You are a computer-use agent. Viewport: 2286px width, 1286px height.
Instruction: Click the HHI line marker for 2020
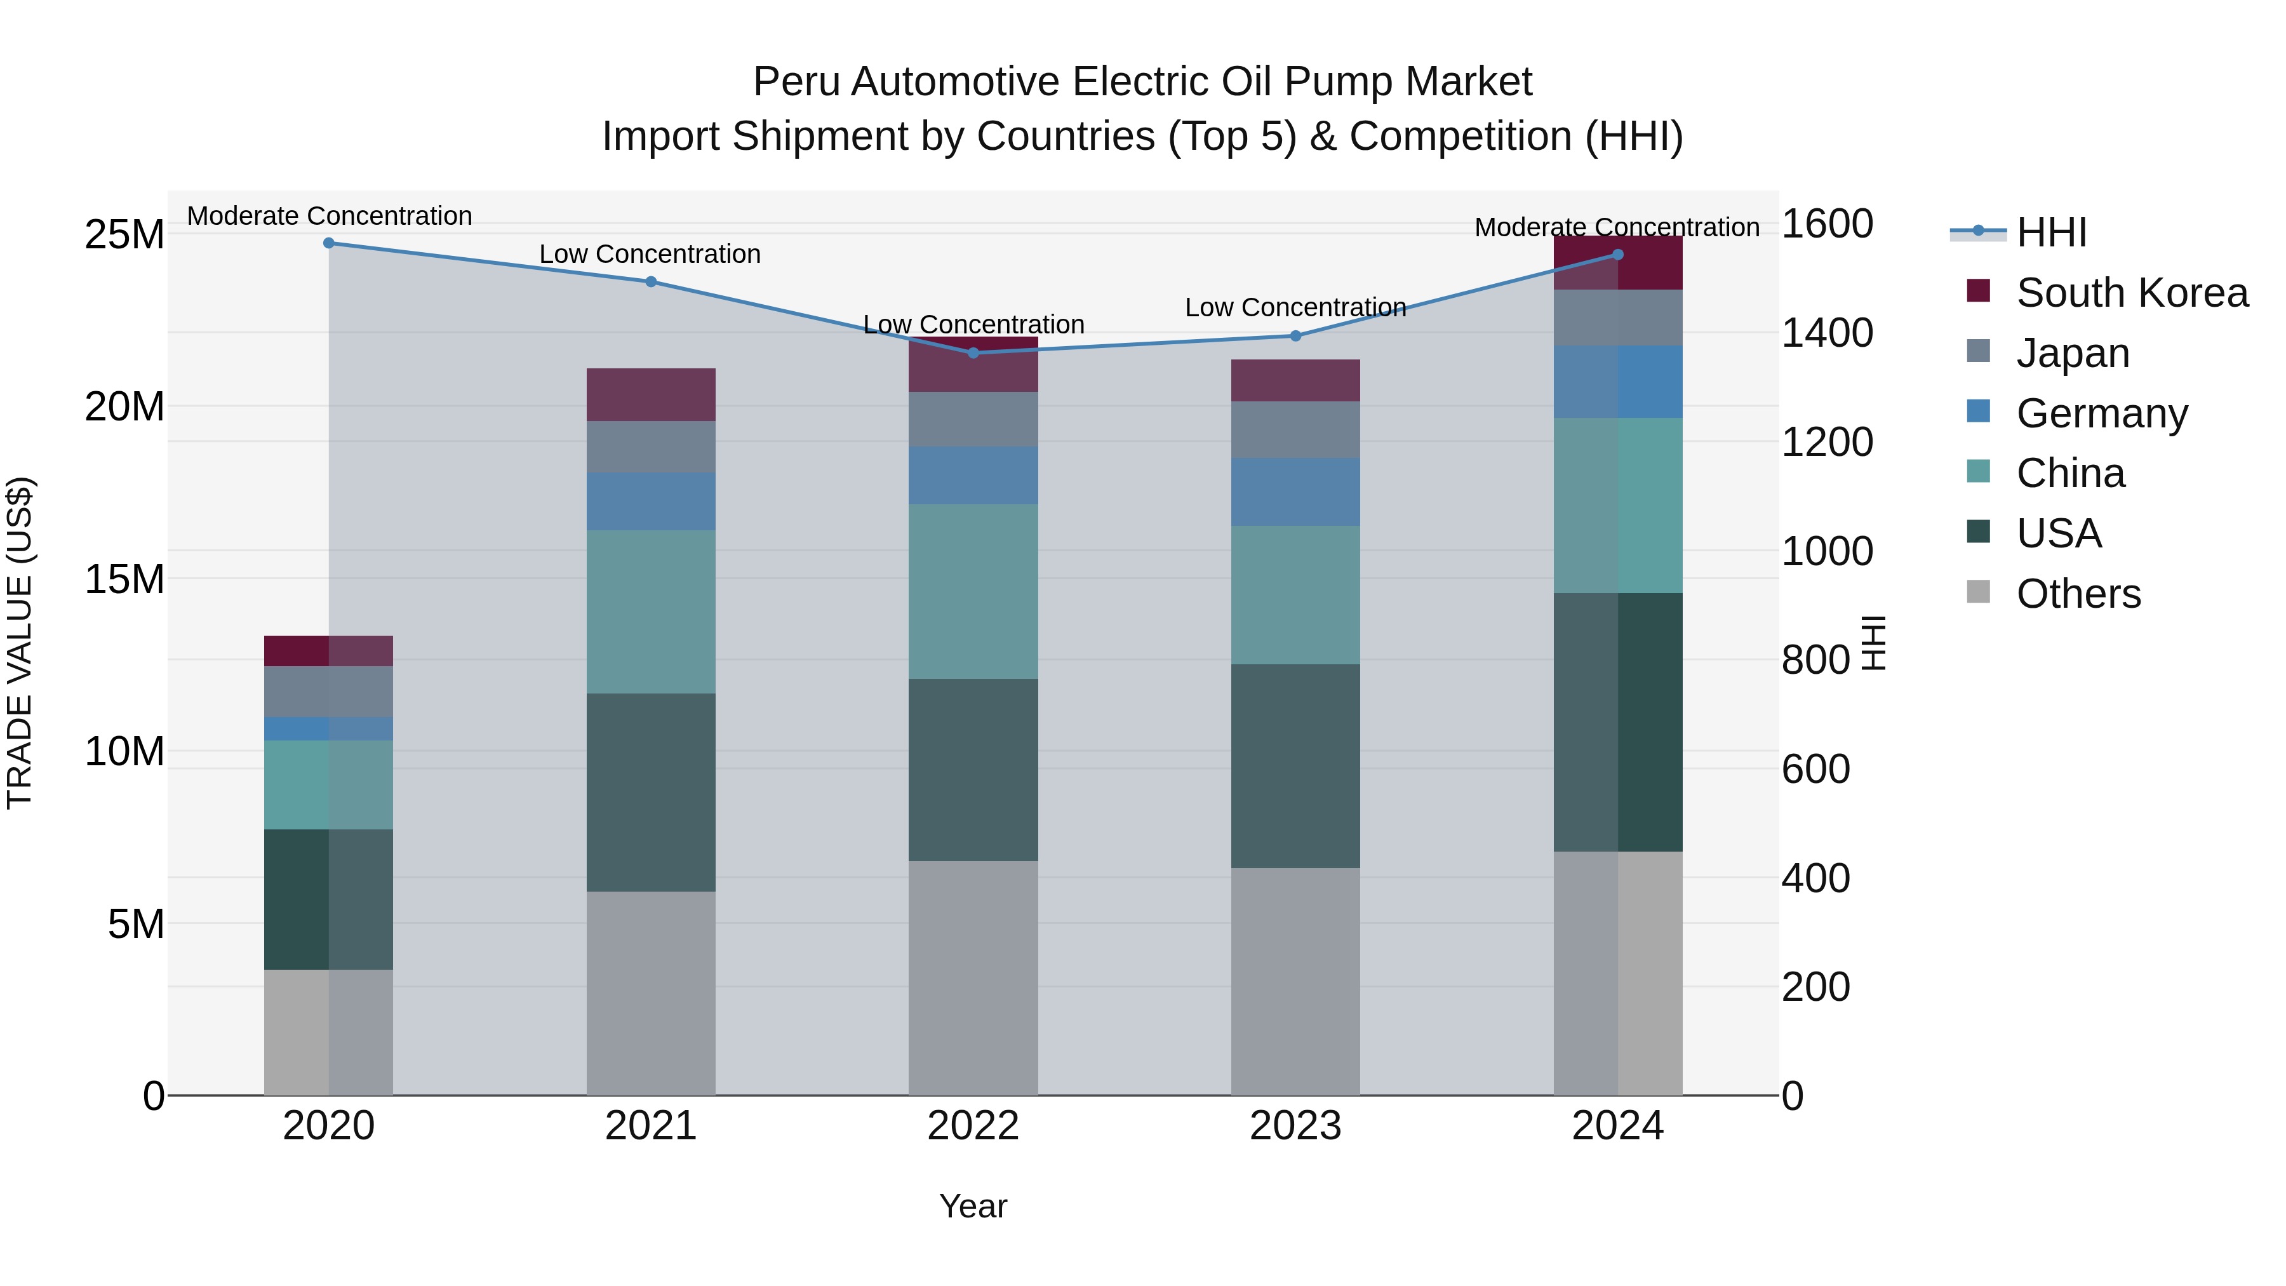328,243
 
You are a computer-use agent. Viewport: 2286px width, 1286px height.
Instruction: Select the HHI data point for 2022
973,352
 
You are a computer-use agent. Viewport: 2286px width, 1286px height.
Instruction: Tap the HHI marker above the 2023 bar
1295,335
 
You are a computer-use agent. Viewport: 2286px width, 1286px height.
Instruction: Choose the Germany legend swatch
1978,412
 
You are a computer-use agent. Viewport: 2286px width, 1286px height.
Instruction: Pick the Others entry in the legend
2078,594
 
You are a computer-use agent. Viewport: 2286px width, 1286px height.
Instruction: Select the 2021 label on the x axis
650,1126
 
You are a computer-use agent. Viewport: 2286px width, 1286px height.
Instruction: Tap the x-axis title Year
973,1206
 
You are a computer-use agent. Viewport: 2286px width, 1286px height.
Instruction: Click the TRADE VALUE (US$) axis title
20,643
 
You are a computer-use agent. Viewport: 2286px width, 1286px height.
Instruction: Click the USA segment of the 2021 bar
650,792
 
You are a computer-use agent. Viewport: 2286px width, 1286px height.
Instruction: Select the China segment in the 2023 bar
1295,594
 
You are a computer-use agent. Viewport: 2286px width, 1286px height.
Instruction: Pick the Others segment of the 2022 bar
973,977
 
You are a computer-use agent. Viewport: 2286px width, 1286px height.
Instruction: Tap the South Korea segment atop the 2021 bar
650,394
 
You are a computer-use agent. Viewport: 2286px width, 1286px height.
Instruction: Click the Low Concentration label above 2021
650,255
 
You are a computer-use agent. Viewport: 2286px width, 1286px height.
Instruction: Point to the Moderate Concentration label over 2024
1616,227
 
